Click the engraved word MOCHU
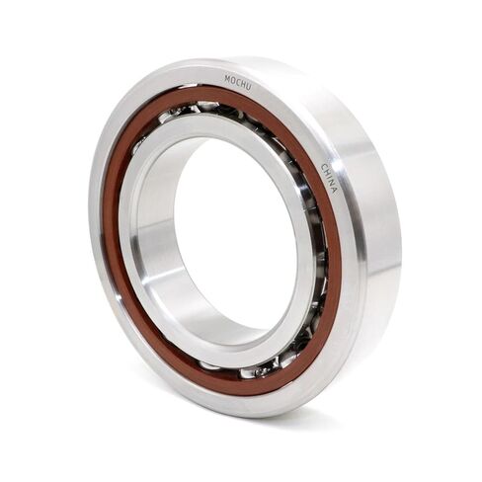click(238, 83)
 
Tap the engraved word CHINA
click(329, 178)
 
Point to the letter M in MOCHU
click(227, 79)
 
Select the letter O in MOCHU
click(232, 81)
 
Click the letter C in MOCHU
click(238, 83)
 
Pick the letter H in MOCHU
click(243, 85)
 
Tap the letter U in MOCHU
click(249, 87)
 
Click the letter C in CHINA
click(324, 166)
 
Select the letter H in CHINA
click(327, 172)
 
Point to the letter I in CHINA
click(329, 178)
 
